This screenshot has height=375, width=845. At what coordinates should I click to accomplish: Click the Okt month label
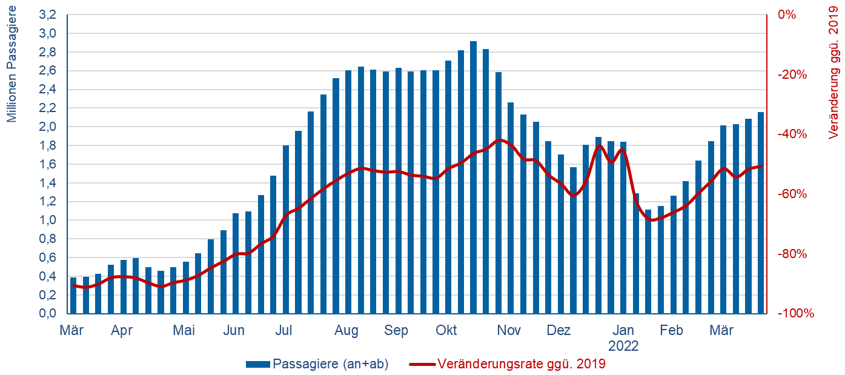446,331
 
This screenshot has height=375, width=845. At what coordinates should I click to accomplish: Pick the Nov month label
509,331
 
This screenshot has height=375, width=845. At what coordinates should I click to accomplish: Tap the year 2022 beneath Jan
623,347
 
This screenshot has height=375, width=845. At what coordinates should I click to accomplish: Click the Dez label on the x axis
559,331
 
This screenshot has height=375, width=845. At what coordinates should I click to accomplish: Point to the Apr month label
122,331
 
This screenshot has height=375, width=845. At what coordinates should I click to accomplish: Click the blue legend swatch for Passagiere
258,364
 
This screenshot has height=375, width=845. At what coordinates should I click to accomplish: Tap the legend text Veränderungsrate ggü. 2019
521,364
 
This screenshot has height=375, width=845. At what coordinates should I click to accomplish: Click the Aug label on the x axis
346,331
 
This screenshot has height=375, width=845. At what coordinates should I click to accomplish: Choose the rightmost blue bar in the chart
761,213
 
